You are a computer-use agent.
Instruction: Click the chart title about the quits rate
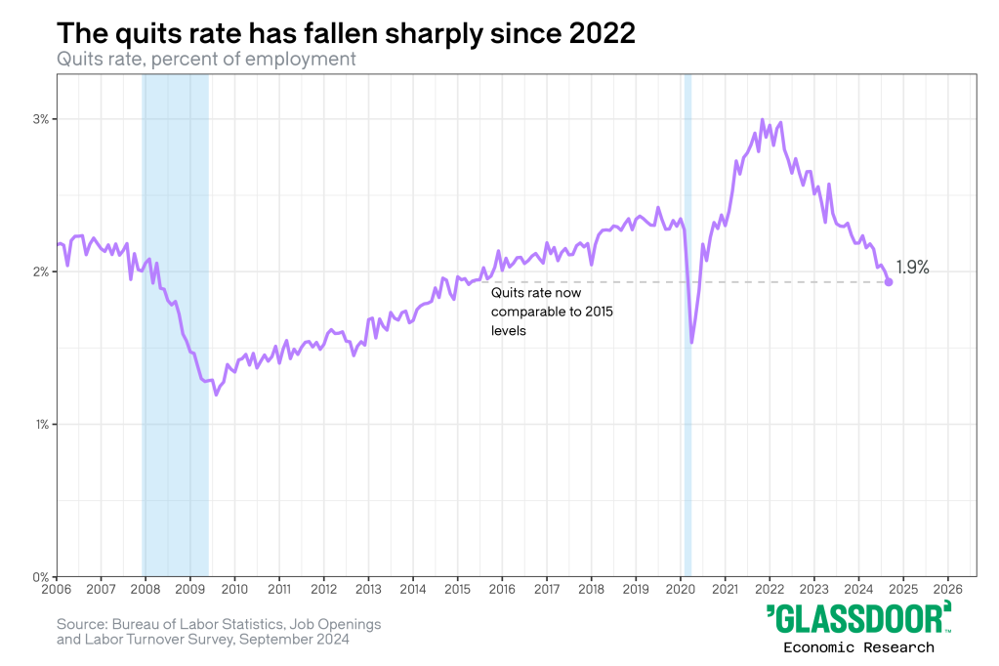(x=346, y=32)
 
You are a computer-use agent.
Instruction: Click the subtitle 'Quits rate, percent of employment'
(x=205, y=59)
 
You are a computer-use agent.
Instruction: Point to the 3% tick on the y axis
(x=41, y=119)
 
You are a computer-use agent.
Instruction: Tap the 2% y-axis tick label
(x=41, y=271)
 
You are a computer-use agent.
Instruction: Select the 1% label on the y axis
(x=41, y=424)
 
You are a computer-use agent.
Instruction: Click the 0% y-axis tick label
(x=41, y=576)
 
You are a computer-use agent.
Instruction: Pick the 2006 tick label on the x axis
(x=57, y=590)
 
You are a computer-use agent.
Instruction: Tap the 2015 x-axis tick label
(x=458, y=590)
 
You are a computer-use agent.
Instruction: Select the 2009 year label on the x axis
(x=190, y=590)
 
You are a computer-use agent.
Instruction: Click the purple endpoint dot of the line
(x=889, y=282)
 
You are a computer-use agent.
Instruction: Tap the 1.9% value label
(x=912, y=267)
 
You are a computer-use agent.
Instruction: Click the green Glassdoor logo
(x=858, y=619)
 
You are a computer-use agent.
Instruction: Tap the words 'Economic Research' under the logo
(x=858, y=647)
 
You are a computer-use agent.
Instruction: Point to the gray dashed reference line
(x=781, y=282)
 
